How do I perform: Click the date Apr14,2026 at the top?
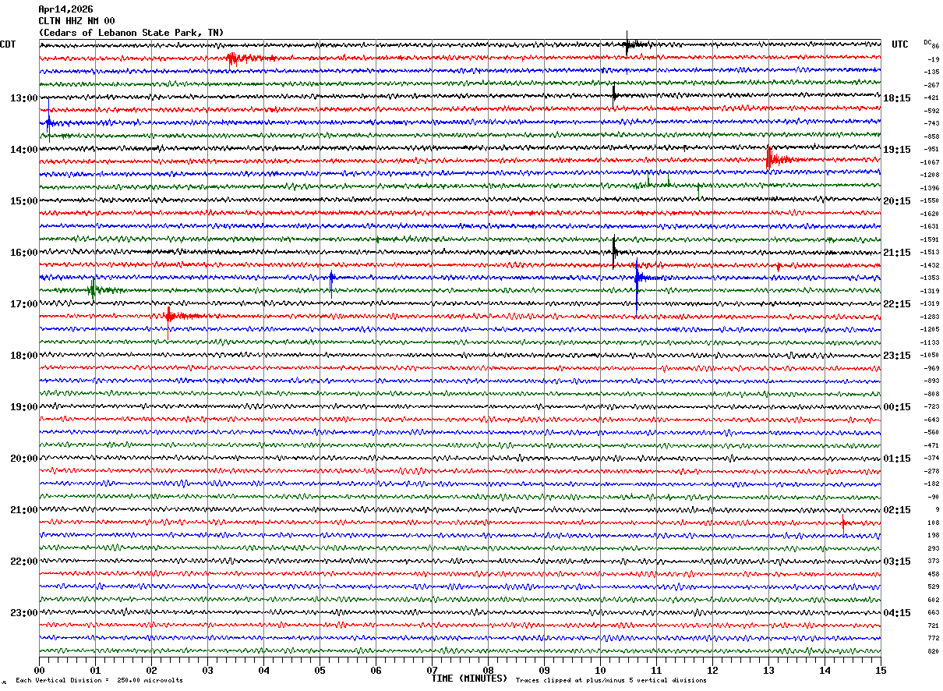click(65, 9)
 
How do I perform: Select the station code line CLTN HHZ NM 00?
click(76, 21)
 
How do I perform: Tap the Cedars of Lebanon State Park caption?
click(131, 33)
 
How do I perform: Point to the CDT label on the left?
click(8, 44)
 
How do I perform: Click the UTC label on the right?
click(900, 44)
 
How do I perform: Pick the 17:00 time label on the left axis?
click(23, 304)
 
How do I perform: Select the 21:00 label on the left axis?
click(23, 510)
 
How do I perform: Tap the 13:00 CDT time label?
click(23, 98)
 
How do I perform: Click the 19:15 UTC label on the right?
click(897, 150)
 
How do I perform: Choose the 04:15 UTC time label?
click(897, 613)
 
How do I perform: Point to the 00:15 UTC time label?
click(897, 407)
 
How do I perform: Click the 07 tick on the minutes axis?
click(432, 670)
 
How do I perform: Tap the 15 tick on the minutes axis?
click(880, 670)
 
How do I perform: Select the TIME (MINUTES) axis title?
click(469, 679)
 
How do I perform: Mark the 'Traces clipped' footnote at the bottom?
click(611, 681)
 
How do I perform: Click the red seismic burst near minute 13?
click(772, 159)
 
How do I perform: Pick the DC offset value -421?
click(931, 98)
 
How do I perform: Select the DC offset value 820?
click(933, 651)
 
